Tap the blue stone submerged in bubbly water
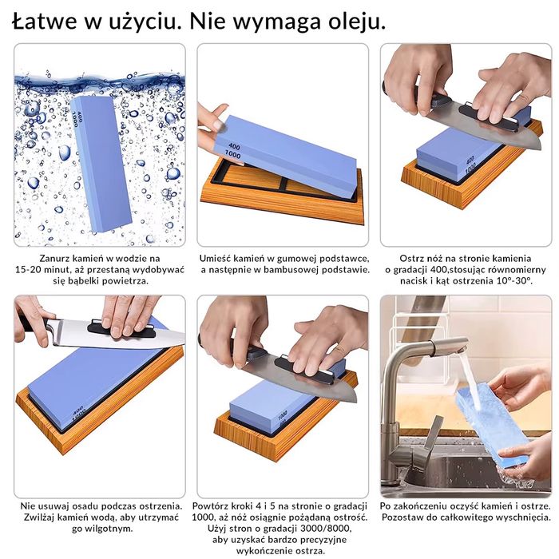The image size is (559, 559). pos(101,165)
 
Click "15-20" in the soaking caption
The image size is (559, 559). pos(28,270)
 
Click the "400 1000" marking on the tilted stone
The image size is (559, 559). pos(234,151)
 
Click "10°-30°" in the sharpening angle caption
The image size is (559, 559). pos(514,281)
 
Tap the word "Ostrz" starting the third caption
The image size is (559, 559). pos(410,259)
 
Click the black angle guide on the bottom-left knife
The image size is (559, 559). pos(122,330)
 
